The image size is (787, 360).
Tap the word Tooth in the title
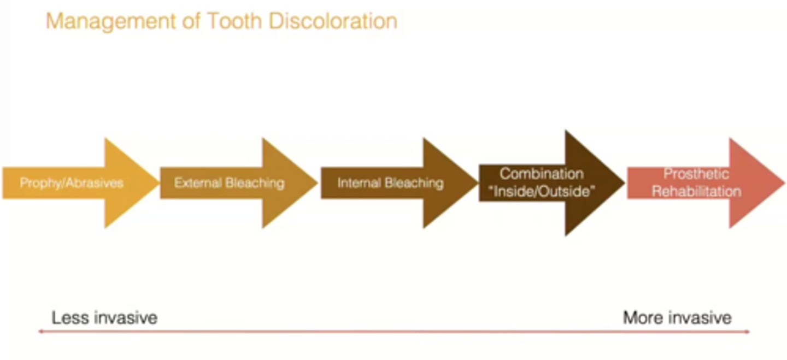tap(235, 21)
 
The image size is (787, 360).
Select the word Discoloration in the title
tap(333, 21)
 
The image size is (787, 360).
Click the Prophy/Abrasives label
tap(72, 183)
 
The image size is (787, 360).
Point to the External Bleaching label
tap(229, 182)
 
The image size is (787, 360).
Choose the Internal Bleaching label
tap(390, 182)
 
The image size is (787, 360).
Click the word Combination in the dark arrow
tap(542, 174)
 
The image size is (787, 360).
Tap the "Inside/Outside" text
tap(542, 191)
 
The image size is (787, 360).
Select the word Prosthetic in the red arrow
tap(696, 174)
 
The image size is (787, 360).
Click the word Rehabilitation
tap(696, 192)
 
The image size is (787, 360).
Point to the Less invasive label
tap(104, 317)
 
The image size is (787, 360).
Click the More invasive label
tap(677, 317)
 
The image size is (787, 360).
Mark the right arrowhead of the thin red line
tap(748, 331)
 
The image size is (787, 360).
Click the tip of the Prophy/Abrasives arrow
tap(159, 182)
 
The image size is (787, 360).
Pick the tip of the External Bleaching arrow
tap(317, 182)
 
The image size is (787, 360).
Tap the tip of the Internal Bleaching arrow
tap(478, 182)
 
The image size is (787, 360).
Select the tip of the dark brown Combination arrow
tap(624, 182)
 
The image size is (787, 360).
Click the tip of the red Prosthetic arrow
tap(784, 182)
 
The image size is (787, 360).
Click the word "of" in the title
tap(191, 21)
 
